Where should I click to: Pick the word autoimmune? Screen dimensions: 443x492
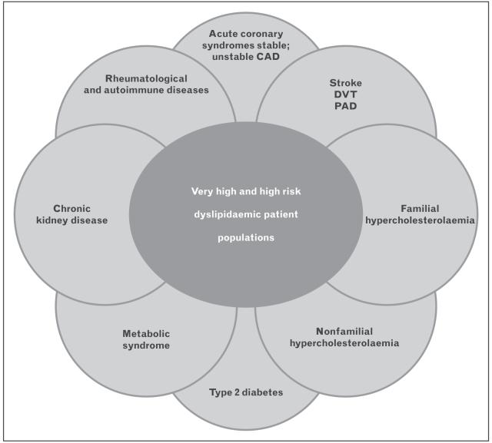point(152,89)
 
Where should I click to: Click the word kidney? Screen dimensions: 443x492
point(64,220)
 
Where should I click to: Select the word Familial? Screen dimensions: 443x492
point(420,208)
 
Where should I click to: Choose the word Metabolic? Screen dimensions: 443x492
point(146,333)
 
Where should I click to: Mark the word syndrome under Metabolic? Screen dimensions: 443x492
point(146,345)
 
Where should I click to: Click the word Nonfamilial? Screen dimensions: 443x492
point(344,330)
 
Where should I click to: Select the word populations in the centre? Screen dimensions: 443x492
point(246,238)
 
